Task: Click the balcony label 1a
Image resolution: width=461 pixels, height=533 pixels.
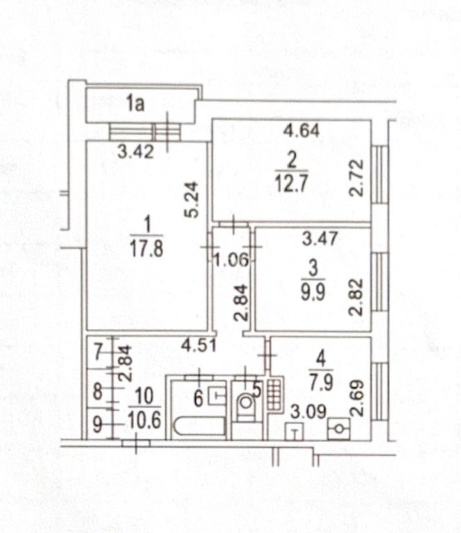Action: (135, 103)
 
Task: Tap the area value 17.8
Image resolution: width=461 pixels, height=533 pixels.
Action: (146, 247)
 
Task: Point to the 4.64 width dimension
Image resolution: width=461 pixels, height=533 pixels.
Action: (302, 130)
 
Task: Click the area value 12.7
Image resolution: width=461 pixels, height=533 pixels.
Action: (292, 183)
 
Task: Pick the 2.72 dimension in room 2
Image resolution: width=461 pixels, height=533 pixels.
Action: (357, 178)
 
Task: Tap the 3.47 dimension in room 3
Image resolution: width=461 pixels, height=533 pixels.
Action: (320, 238)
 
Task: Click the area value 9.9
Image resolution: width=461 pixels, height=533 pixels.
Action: (313, 292)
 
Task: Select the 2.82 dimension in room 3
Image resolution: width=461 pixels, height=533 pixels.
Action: (357, 298)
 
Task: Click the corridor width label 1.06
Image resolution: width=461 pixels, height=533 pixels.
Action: (231, 261)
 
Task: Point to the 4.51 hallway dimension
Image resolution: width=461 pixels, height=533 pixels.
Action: (199, 346)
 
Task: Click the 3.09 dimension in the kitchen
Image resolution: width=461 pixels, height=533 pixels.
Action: (308, 412)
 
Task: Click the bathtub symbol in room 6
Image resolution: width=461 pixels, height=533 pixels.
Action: (200, 426)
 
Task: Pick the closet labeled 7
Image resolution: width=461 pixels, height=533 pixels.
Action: (99, 352)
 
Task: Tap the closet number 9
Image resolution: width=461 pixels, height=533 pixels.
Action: (98, 425)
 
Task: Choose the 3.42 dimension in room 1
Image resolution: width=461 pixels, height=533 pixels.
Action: (135, 151)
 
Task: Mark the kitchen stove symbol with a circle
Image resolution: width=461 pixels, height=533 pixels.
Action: (339, 429)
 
